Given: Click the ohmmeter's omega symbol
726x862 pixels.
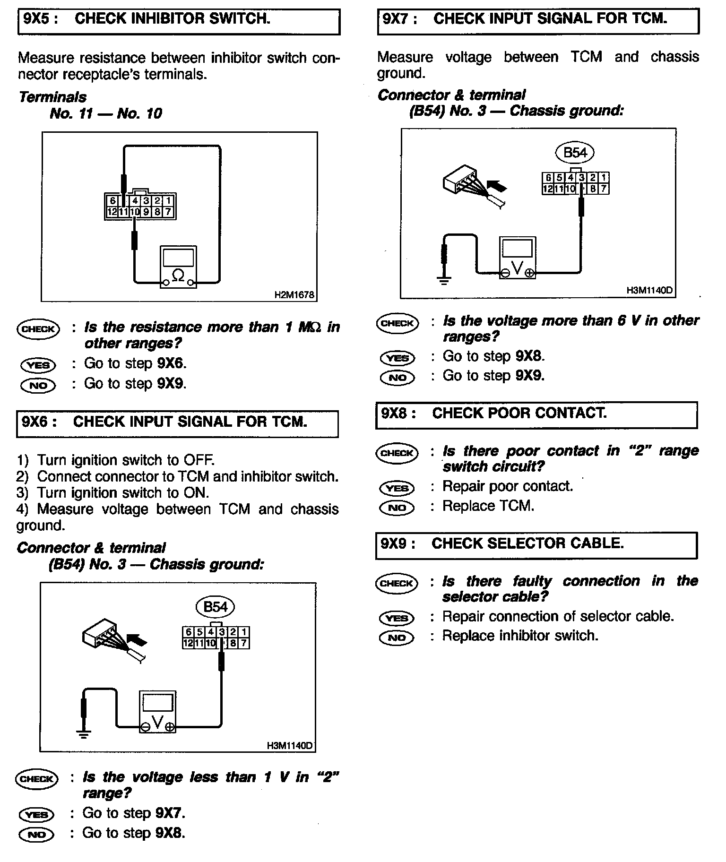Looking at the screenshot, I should pos(178,274).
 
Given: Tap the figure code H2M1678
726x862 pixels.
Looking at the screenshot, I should pos(294,295).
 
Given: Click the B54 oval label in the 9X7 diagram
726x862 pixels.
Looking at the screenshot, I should pos(575,153).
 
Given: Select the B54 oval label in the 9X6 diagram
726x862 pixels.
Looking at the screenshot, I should pos(216,607).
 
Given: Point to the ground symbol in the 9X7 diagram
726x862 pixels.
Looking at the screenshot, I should pos(443,281).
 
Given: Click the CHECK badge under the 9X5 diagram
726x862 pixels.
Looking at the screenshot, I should pos(38,329).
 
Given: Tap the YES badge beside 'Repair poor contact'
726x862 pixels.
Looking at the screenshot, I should pos(397,488).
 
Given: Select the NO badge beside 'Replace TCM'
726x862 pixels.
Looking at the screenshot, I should pos(397,508).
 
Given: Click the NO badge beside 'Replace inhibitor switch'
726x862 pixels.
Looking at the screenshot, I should pos(397,638).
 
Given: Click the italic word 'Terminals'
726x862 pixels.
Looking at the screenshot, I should pos(52,97).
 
